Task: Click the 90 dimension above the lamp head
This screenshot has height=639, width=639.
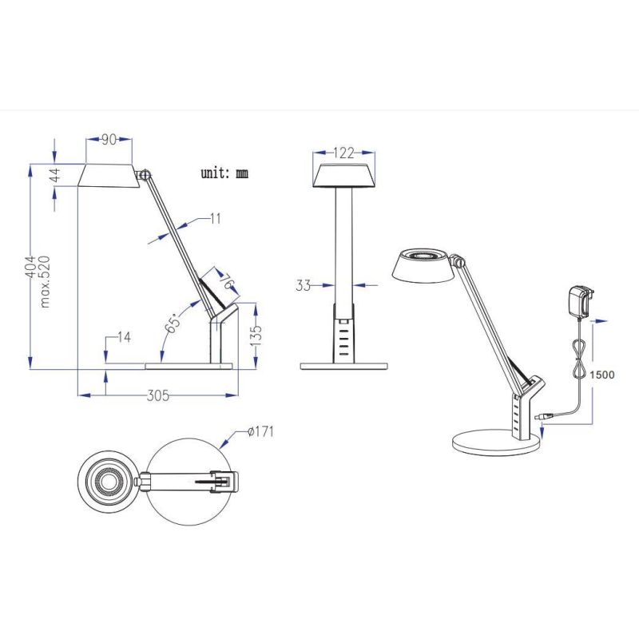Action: (109, 140)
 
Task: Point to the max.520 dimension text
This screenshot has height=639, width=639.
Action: (46, 281)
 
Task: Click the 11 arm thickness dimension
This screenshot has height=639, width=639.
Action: (216, 217)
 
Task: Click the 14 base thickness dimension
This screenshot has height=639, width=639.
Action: (124, 337)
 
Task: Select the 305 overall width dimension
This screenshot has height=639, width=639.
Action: (159, 395)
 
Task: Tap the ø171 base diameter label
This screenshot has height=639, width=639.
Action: (261, 432)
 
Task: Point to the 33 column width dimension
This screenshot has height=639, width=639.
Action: (303, 284)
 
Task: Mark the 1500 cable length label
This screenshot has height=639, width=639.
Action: (602, 374)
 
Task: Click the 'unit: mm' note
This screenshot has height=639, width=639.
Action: (225, 173)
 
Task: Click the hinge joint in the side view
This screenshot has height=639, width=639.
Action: (145, 174)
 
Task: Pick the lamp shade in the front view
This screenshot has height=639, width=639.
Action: (343, 175)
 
